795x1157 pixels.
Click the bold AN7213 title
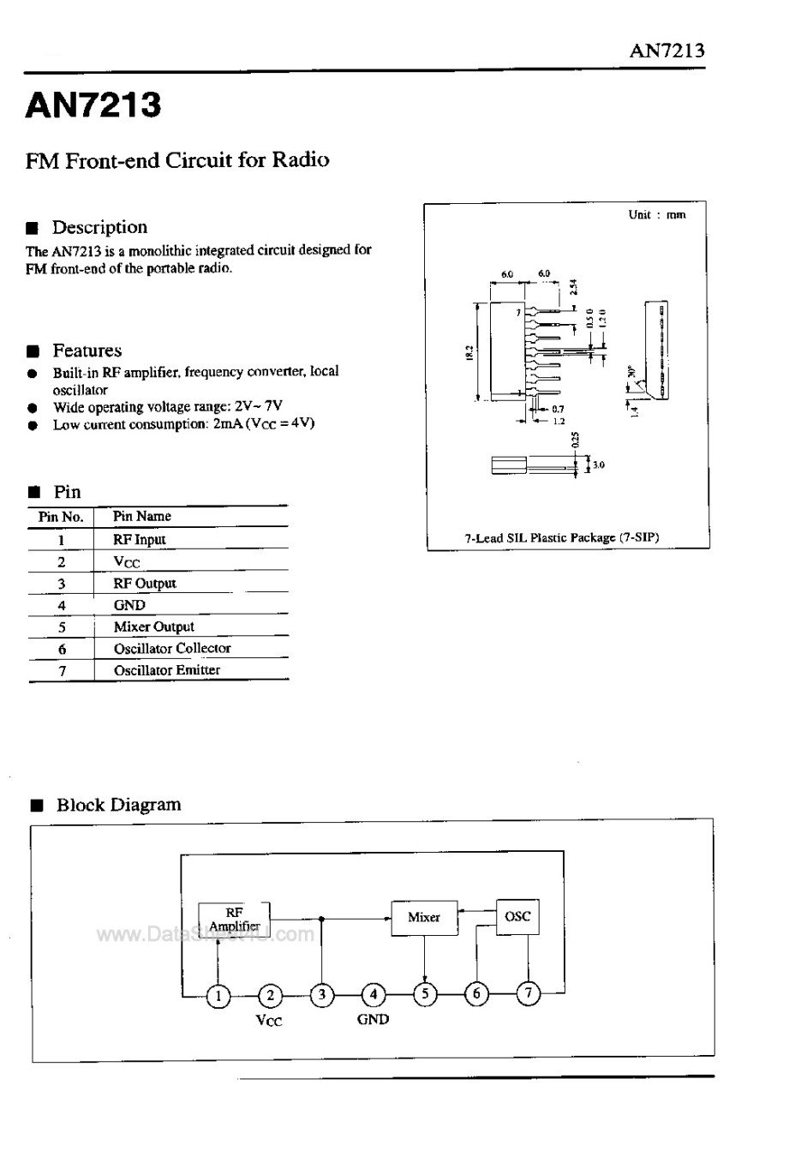[93, 105]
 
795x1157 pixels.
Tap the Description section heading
[99, 227]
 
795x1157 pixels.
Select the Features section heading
[87, 351]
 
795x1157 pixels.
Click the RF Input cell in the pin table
[139, 539]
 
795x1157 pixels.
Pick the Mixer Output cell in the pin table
[153, 626]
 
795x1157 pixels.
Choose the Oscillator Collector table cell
[172, 648]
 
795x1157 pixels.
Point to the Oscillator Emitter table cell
[166, 670]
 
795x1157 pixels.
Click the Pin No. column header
[61, 517]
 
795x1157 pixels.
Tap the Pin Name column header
[141, 516]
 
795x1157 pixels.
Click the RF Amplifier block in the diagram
[234, 920]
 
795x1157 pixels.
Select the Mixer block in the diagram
[424, 917]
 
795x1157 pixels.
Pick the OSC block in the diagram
[517, 916]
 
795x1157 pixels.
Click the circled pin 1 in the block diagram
[219, 995]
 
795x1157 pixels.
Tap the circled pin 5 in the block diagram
[425, 994]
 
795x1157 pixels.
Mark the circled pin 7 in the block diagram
[529, 993]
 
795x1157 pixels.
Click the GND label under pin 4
[373, 1019]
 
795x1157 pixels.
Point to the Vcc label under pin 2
[269, 1021]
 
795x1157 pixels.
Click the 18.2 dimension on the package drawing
[469, 351]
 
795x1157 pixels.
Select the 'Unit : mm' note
[656, 215]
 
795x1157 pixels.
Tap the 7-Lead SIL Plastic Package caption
[561, 538]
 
